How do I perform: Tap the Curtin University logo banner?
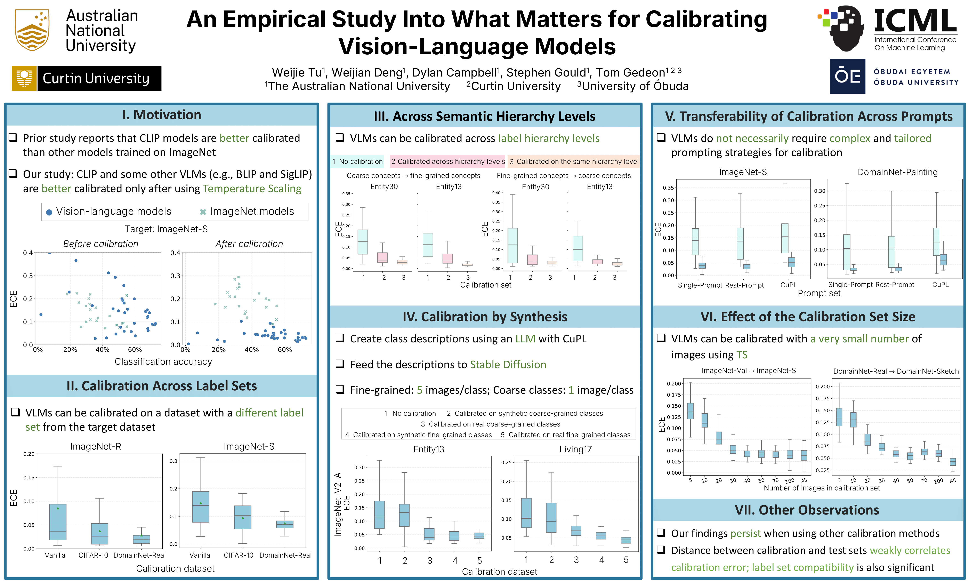(x=87, y=78)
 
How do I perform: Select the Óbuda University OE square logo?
(x=847, y=76)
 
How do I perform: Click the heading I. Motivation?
(x=162, y=115)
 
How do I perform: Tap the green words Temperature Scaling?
(x=252, y=189)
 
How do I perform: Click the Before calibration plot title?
(x=101, y=244)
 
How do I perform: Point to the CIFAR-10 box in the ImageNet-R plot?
(x=99, y=533)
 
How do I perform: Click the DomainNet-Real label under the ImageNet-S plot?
(x=285, y=555)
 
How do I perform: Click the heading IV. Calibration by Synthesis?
(x=485, y=317)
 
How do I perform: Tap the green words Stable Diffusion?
(x=508, y=365)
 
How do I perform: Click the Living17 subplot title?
(x=575, y=449)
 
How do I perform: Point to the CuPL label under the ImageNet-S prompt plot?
(x=788, y=285)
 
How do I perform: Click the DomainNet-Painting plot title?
(x=898, y=172)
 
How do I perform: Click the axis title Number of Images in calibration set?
(x=822, y=488)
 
